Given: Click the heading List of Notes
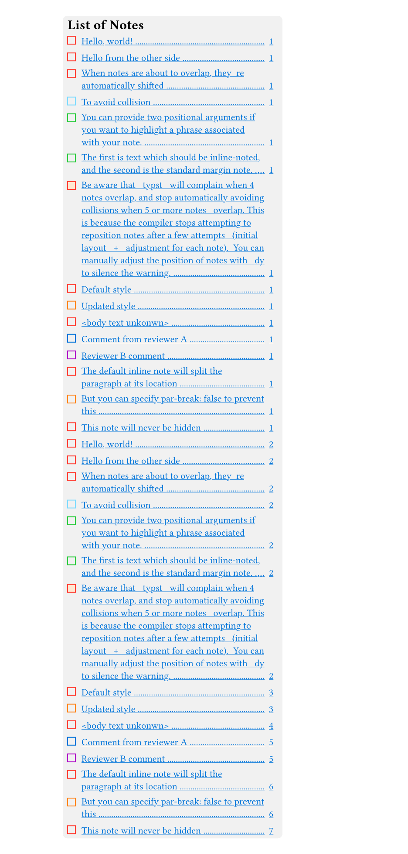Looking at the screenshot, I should (x=105, y=25).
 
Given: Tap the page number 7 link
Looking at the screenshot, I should (x=271, y=831).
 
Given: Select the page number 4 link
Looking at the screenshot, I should (x=271, y=726).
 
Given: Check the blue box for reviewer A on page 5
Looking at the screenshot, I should (x=72, y=742).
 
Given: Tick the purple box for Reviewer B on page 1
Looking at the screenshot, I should (x=72, y=355).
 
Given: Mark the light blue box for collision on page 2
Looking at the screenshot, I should (x=72, y=505).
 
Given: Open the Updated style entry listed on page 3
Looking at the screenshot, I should (x=109, y=709).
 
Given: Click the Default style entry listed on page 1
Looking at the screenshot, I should (x=106, y=290).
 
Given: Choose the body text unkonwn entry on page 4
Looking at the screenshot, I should (x=125, y=726).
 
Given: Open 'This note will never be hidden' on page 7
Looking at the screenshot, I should (x=141, y=831).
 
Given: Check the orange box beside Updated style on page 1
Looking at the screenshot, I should (x=72, y=306).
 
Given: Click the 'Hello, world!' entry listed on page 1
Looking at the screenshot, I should (x=107, y=42).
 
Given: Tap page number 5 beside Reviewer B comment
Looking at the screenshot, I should (x=271, y=759).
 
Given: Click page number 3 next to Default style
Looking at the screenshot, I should (x=271, y=693).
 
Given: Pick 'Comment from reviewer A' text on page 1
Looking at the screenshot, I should (x=134, y=340).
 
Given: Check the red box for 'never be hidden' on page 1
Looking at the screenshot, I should (x=72, y=427).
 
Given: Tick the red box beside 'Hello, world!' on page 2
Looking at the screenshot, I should (x=72, y=444).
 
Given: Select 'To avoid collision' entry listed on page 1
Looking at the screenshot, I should (x=116, y=103).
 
